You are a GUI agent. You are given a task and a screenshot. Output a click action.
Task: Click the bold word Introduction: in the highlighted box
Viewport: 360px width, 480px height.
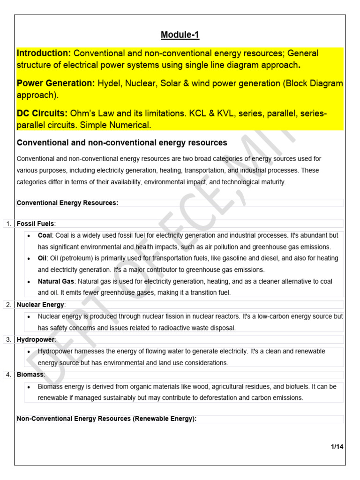point(44,53)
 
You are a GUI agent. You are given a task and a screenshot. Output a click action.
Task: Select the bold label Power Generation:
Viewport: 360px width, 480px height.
point(56,83)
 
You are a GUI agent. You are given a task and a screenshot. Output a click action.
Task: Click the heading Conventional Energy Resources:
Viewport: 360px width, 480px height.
point(67,203)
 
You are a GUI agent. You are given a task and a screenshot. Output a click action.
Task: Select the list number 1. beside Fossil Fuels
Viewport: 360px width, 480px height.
point(8,224)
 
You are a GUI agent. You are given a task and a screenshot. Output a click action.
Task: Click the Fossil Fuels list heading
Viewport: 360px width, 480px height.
point(36,224)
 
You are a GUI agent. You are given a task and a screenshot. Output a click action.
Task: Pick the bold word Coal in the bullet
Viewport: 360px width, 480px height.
point(45,235)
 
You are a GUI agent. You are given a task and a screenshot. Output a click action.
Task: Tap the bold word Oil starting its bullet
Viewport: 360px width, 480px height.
point(42,258)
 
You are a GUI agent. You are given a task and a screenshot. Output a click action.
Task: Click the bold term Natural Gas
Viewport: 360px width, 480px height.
point(56,281)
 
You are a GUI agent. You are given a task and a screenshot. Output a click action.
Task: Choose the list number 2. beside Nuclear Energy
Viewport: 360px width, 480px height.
point(8,305)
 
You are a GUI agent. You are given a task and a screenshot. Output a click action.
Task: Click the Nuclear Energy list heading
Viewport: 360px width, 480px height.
point(40,305)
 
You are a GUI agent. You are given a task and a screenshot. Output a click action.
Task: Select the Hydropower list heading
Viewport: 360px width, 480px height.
point(36,339)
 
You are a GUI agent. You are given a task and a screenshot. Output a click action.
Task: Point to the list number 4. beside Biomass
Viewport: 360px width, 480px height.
point(8,375)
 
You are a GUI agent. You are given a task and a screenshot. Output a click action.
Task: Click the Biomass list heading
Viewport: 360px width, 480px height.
point(30,375)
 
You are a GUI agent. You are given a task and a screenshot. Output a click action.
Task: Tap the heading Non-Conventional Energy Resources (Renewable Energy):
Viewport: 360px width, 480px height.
point(106,419)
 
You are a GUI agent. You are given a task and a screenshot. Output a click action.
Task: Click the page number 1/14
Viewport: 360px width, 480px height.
point(337,447)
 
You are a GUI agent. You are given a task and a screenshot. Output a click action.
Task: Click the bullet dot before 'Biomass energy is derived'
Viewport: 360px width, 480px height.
point(29,387)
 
